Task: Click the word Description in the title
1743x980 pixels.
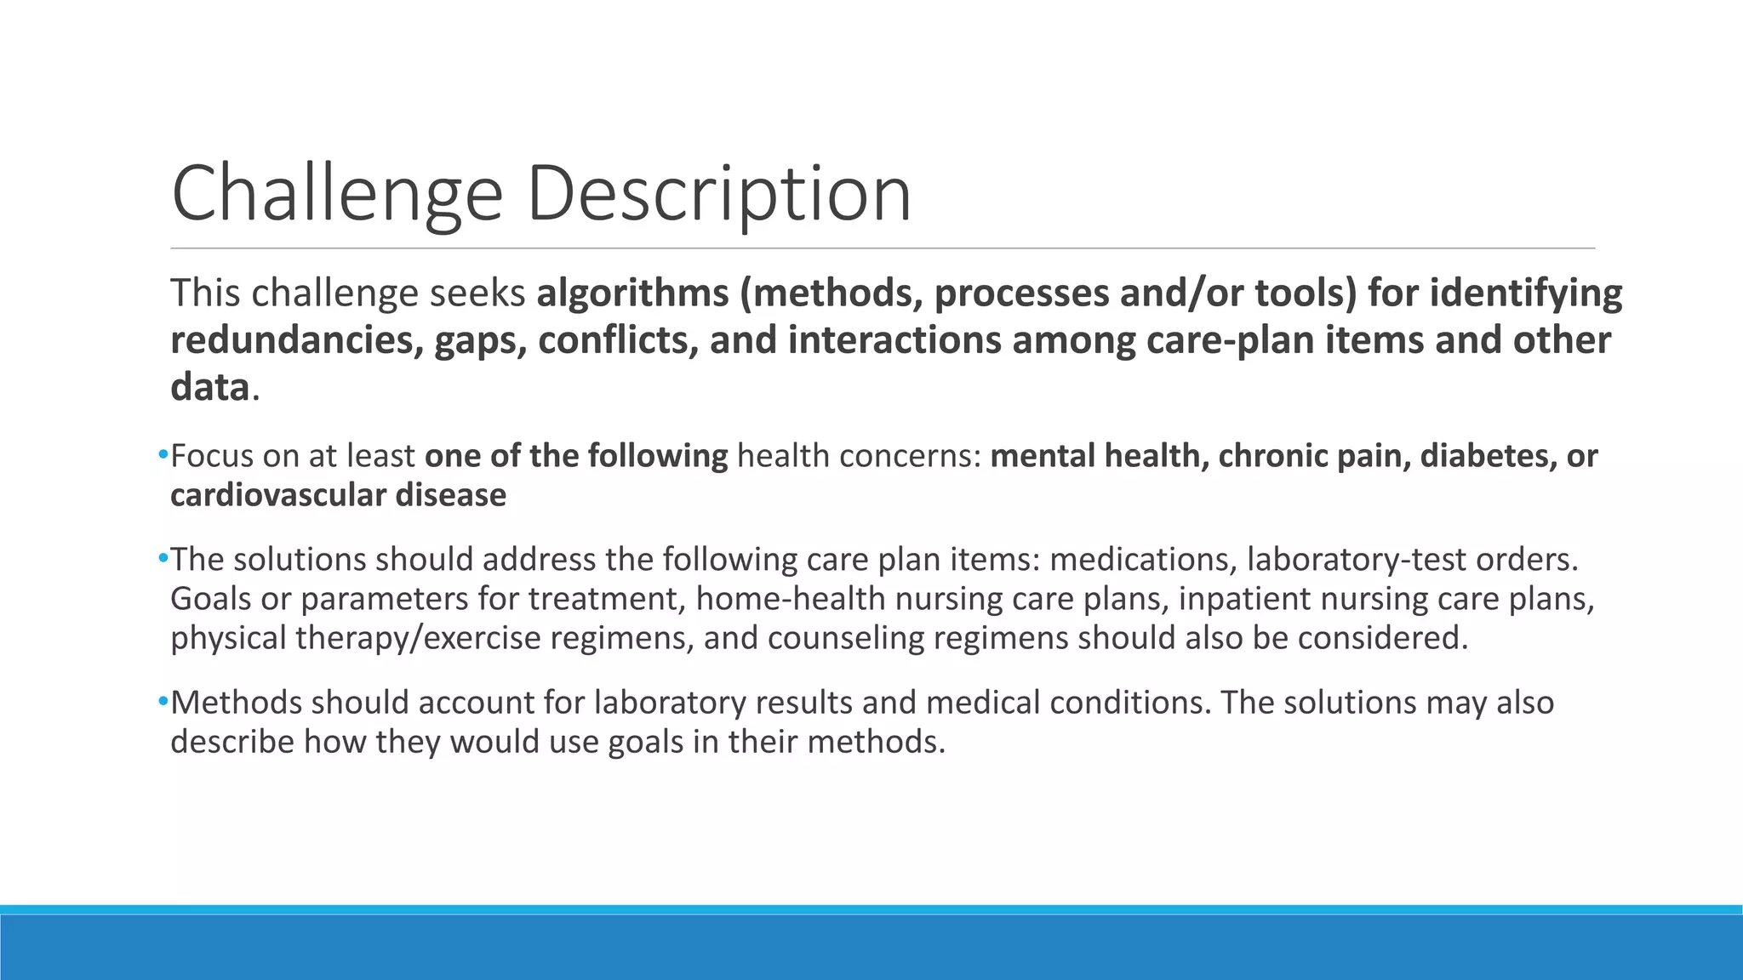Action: tap(719, 194)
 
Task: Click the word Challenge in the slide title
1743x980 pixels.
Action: tap(338, 194)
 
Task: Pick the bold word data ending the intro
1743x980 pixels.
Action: tap(209, 388)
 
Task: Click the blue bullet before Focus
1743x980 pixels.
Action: tap(163, 456)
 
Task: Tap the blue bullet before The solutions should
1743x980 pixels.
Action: tap(163, 559)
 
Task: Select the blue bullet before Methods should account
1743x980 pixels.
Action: tap(163, 703)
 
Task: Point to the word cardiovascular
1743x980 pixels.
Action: tap(266, 495)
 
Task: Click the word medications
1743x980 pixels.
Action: tap(1140, 560)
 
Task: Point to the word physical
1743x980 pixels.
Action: tap(228, 638)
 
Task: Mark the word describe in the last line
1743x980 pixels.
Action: tap(232, 742)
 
